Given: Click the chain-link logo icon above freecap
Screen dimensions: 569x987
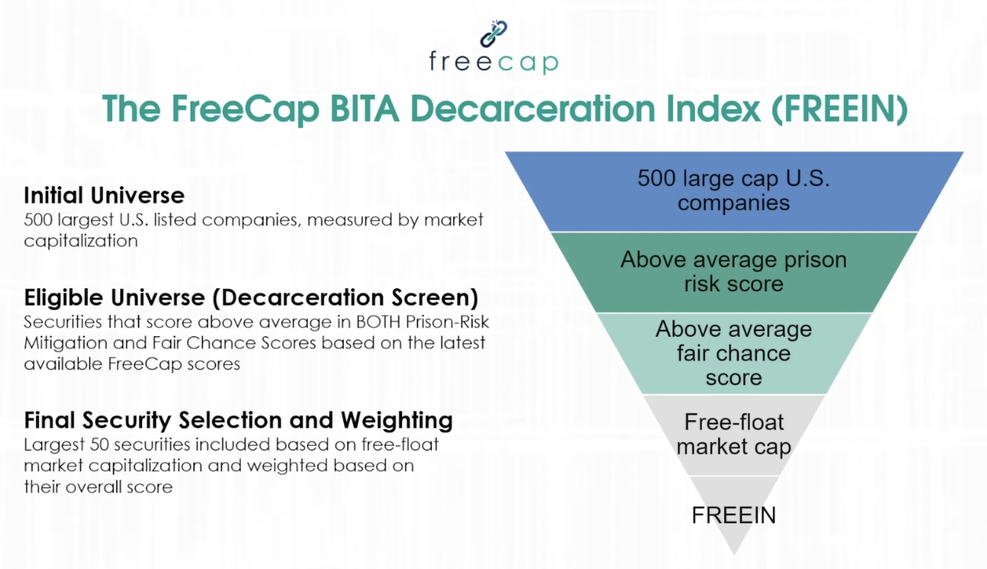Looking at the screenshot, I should (493, 33).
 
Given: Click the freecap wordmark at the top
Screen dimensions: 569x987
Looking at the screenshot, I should (493, 62).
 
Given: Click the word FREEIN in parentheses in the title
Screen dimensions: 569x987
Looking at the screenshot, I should (840, 109).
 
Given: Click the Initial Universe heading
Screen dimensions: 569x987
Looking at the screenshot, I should (104, 196).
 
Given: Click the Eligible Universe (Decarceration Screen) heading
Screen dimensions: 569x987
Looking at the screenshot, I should (251, 298).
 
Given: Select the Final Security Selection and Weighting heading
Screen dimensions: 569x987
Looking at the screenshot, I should (238, 420).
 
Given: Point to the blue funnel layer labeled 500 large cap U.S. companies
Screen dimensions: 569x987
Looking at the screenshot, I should (733, 191).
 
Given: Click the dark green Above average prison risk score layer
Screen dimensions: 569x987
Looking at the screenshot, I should (733, 272).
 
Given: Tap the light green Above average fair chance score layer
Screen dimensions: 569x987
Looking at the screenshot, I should (733, 354).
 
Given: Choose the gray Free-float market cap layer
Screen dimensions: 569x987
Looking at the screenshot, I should (733, 435).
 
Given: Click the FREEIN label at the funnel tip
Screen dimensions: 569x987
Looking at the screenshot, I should (733, 515).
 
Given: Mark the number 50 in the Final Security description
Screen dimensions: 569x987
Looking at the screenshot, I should (99, 445).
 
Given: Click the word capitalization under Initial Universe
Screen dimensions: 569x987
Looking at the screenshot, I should (81, 241).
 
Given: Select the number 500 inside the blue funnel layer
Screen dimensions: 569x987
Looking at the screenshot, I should (656, 178).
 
